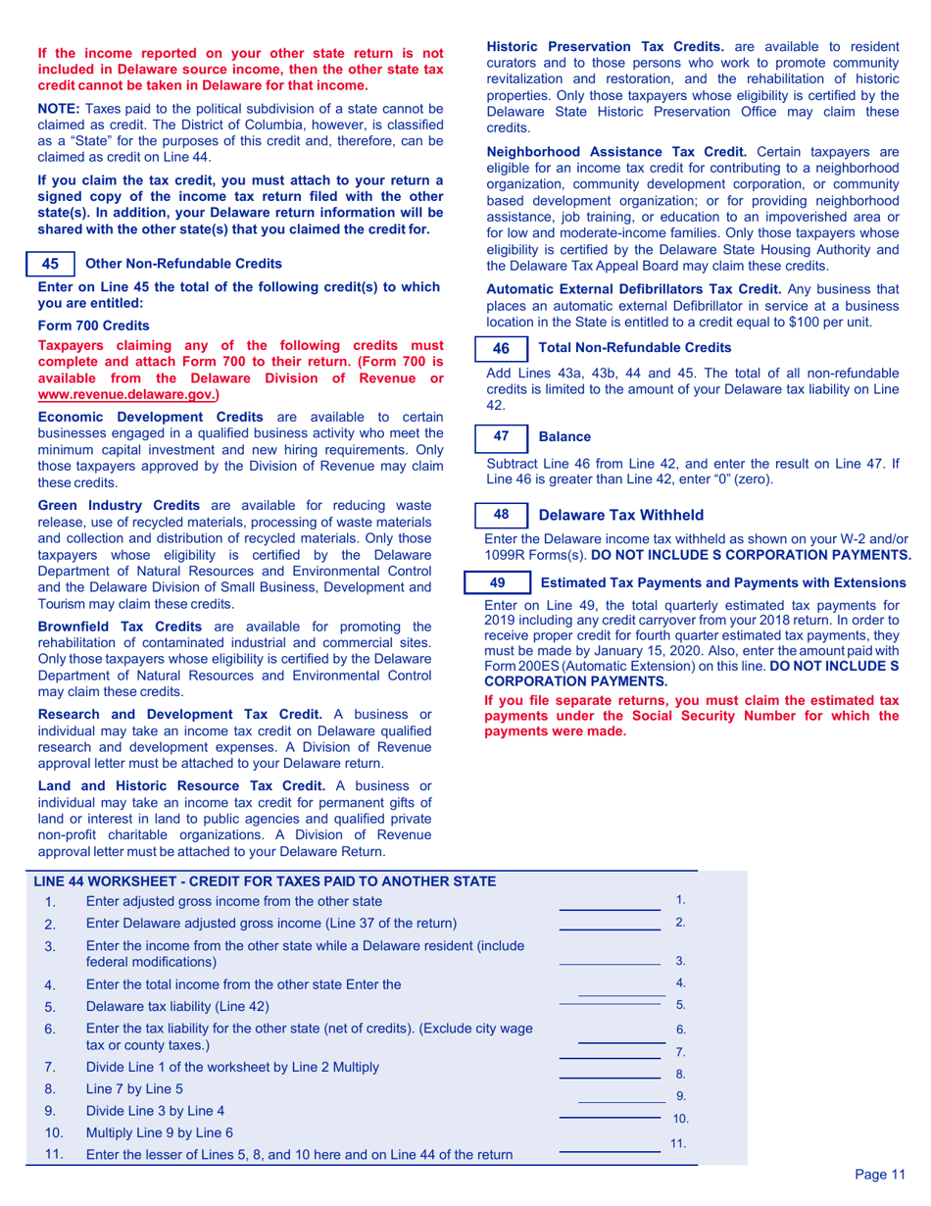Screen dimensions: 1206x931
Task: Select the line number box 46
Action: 501,348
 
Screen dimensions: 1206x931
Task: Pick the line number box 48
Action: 501,514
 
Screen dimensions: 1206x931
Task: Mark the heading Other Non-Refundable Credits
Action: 183,264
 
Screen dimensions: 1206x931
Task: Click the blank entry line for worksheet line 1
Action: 609,909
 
